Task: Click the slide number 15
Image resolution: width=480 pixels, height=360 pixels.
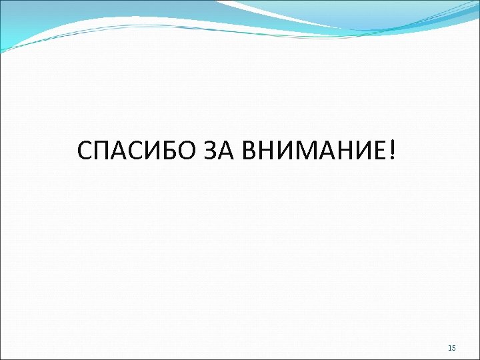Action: (452, 348)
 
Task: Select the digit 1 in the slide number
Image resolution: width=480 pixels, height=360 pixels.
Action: (450, 348)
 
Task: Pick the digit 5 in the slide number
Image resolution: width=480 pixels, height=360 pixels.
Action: (454, 348)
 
